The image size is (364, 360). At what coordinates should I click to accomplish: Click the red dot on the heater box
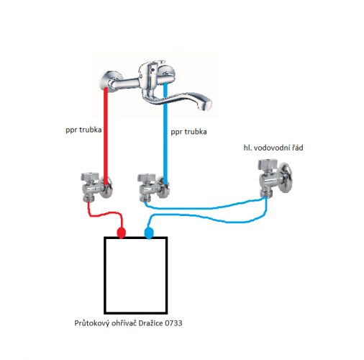(121, 233)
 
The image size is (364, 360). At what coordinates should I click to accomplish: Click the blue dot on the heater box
(149, 233)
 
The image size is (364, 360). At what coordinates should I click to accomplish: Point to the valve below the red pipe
(96, 186)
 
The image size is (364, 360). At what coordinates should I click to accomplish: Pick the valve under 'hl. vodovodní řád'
(276, 177)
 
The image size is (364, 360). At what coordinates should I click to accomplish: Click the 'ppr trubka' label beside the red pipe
(83, 130)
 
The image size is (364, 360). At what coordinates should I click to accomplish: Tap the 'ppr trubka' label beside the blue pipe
(188, 132)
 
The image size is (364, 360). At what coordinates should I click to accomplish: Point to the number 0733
(173, 323)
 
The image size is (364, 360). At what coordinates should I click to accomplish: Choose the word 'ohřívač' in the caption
(124, 323)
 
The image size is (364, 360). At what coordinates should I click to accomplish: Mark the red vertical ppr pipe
(106, 136)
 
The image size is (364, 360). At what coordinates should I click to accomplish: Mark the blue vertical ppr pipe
(165, 134)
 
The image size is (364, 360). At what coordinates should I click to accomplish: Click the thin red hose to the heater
(106, 213)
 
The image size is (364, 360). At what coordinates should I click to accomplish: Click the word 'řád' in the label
(298, 147)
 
